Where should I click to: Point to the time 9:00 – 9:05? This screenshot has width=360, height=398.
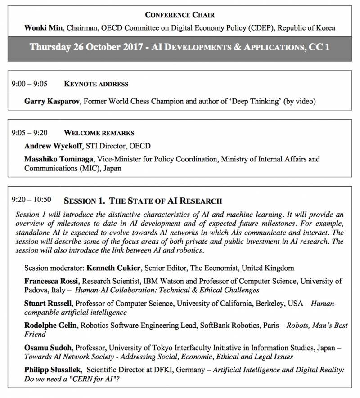[x=30, y=84]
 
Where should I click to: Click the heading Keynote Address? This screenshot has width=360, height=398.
[x=96, y=84]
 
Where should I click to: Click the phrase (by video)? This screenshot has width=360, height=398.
[x=299, y=102]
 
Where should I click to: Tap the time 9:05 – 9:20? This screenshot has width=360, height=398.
[x=30, y=133]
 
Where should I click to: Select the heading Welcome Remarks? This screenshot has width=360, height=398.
[x=99, y=133]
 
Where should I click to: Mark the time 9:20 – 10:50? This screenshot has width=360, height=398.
[x=31, y=199]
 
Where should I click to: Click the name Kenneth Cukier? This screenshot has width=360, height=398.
[x=114, y=268]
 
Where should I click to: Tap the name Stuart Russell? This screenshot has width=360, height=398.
[x=47, y=304]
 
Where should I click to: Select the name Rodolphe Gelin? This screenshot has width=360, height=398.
[x=50, y=326]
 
